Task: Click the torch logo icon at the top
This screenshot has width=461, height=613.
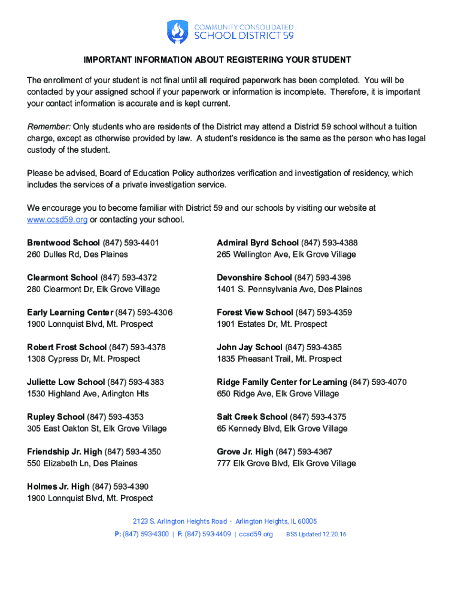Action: pos(177,32)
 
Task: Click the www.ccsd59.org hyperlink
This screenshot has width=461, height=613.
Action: pos(57,220)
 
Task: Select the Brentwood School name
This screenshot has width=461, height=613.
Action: pos(63,242)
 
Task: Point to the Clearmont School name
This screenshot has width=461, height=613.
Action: pos(62,277)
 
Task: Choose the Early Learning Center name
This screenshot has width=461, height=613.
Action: pos(70,312)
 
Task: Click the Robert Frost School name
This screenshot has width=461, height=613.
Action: pos(66,347)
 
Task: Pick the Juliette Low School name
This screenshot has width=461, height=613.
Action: pos(66,382)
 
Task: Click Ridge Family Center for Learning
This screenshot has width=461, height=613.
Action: pos(282,382)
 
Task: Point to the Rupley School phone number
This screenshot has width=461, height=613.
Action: pos(116,417)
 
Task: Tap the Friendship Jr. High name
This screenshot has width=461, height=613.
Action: pos(65,451)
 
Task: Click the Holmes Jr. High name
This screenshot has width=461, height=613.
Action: pos(59,487)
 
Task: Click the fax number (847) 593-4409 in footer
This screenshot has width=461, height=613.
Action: pos(208,534)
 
